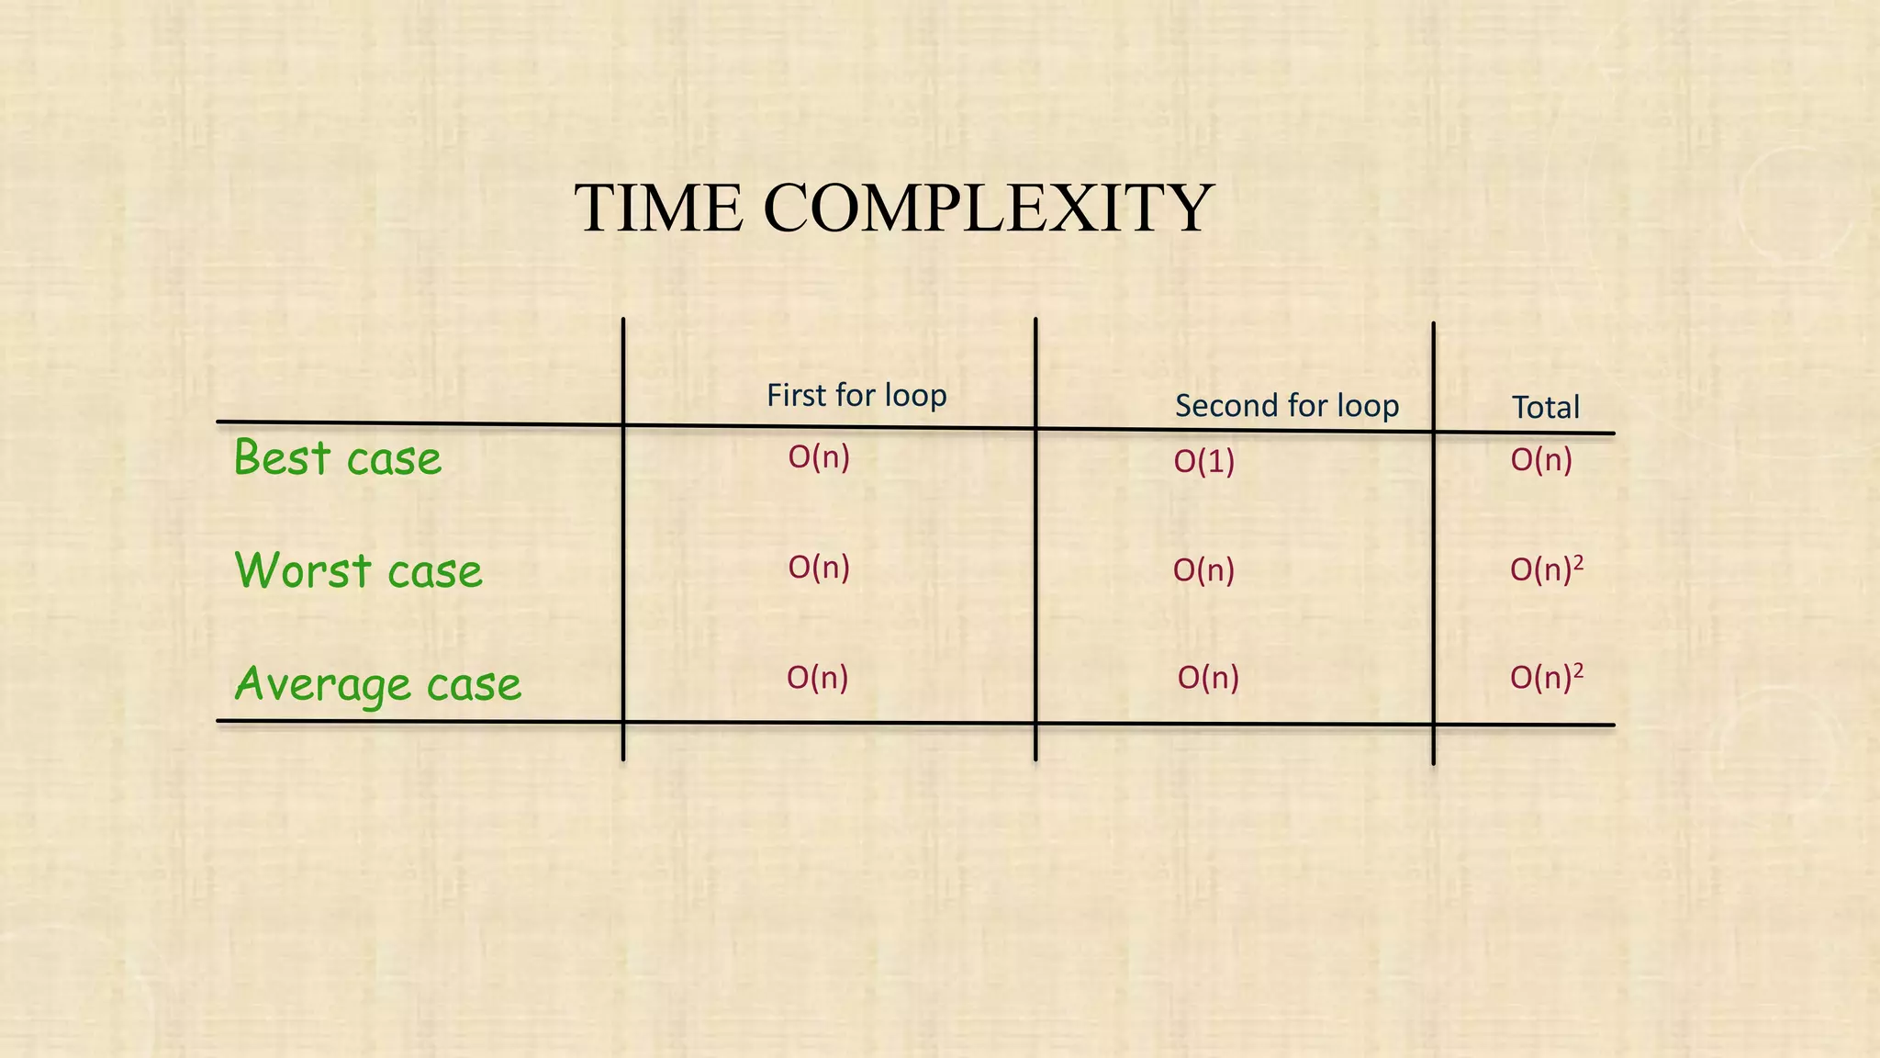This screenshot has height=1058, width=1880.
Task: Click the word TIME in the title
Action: click(x=658, y=208)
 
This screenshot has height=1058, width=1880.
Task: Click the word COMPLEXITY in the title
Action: click(x=988, y=208)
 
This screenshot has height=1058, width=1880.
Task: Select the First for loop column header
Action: click(x=856, y=396)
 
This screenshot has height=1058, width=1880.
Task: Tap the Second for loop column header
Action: click(x=1286, y=406)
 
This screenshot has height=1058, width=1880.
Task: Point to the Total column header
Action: click(x=1546, y=408)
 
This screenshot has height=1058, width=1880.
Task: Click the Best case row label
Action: click(x=337, y=458)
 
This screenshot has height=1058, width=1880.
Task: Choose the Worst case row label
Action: click(x=358, y=571)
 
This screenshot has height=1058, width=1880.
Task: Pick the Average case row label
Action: click(x=377, y=684)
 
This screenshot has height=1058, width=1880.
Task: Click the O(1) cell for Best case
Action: click(x=1203, y=461)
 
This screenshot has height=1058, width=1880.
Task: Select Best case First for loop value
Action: click(x=819, y=457)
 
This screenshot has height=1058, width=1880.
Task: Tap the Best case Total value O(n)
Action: click(x=1541, y=460)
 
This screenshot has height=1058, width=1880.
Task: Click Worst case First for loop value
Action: click(x=819, y=568)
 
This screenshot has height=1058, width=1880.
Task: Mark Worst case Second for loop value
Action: click(x=1203, y=571)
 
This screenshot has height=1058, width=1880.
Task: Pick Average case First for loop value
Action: click(x=817, y=678)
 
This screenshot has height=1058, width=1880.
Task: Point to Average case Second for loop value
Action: click(x=1208, y=678)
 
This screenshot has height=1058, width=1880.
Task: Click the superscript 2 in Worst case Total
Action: click(x=1578, y=561)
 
